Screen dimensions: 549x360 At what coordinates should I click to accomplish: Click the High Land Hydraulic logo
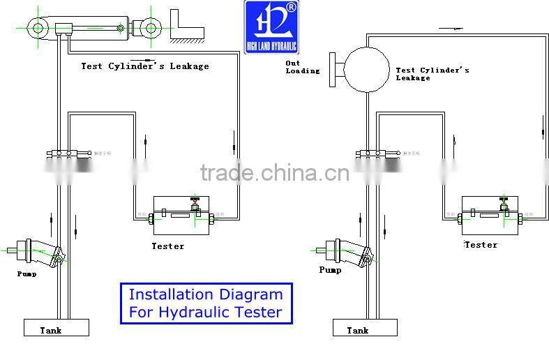click(271, 28)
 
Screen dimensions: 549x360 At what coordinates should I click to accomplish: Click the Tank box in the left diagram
click(57, 327)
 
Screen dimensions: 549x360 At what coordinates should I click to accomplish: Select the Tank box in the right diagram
click(365, 327)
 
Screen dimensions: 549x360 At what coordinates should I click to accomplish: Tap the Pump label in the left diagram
click(27, 274)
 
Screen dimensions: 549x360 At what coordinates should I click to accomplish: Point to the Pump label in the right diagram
click(331, 270)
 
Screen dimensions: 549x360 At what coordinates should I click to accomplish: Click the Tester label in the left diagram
click(168, 246)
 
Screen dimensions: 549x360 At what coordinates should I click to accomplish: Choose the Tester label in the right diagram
click(481, 245)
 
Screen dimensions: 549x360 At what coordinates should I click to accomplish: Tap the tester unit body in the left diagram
click(180, 219)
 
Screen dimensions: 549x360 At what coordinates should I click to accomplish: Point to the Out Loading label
click(302, 67)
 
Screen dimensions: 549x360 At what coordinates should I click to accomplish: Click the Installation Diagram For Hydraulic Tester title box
click(206, 303)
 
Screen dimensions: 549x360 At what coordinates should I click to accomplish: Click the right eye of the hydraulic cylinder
click(151, 29)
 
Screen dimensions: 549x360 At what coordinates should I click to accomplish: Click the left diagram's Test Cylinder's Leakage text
click(144, 67)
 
